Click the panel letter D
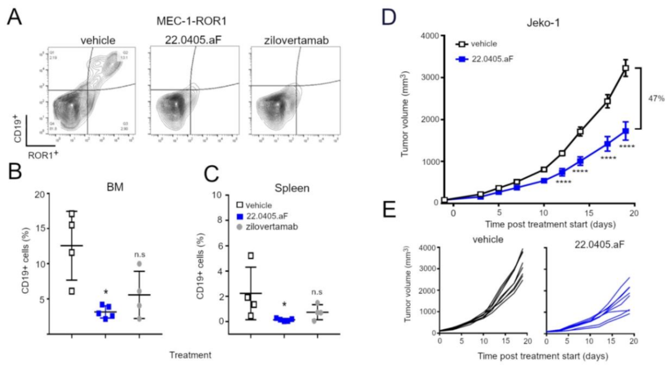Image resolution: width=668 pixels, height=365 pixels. tap(388, 17)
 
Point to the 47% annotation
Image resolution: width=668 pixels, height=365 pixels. tap(655, 98)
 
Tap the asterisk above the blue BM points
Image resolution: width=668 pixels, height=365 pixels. tap(105, 291)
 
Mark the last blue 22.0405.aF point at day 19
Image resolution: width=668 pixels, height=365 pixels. tap(625, 131)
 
